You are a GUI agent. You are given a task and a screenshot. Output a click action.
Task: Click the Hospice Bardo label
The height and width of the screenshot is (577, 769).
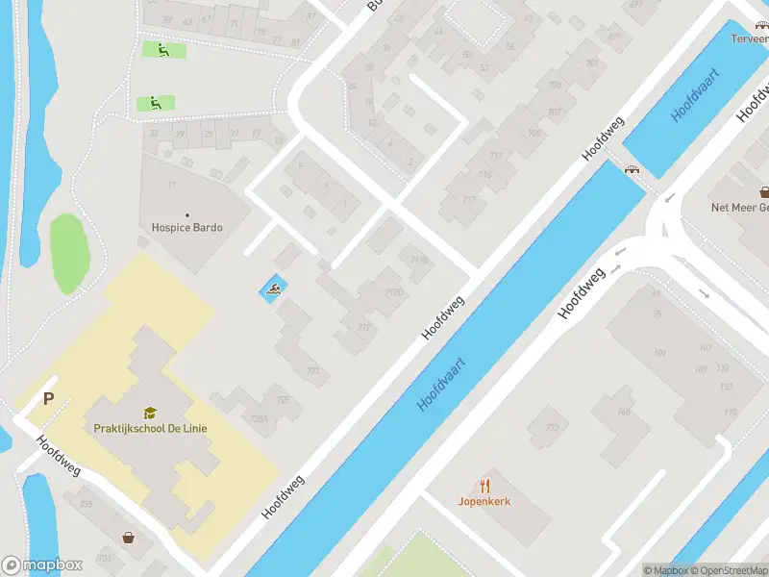186,228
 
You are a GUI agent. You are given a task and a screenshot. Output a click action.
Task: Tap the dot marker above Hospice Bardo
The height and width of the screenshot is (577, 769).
186,214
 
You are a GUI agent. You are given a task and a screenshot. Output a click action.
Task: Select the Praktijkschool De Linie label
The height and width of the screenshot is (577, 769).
150,428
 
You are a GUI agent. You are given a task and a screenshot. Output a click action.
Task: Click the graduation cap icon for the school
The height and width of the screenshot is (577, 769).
150,413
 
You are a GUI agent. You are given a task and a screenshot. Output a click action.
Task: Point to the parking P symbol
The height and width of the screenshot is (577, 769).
46,399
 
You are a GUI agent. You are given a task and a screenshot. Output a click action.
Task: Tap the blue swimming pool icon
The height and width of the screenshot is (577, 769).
272,288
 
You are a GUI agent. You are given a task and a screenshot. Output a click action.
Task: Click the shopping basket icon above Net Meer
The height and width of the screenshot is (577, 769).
764,192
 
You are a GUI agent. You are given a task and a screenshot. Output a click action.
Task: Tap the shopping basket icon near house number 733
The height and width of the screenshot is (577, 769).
127,538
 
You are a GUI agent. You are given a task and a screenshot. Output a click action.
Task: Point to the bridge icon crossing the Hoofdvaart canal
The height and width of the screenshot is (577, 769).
633,170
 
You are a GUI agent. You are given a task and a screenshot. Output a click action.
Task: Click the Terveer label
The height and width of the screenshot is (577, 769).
748,39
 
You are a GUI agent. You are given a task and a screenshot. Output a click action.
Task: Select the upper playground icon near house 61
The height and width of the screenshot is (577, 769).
160,49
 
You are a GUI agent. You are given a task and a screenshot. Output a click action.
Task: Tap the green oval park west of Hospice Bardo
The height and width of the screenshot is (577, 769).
69,254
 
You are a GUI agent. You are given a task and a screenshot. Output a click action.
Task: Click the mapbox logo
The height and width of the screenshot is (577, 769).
42,564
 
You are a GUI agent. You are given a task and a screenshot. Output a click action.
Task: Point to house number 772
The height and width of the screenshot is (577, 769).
552,428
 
